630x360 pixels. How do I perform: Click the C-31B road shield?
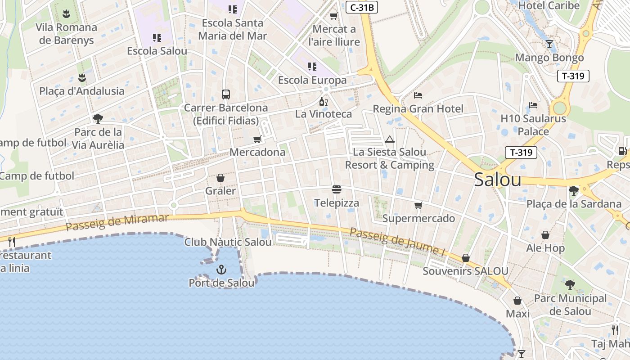coord(361,7)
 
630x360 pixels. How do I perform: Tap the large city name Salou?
coord(498,180)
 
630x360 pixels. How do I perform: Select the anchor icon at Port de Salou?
coord(221,270)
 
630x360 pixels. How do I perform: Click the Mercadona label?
coord(257,152)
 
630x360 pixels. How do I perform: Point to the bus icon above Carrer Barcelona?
coord(226,94)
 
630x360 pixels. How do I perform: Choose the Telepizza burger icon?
coord(337,189)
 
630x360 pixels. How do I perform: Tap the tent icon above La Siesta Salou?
coord(390,139)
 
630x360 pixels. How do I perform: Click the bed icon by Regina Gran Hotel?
coord(418,95)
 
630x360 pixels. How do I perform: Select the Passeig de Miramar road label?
coord(117,222)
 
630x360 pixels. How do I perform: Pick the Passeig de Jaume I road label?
coord(397,241)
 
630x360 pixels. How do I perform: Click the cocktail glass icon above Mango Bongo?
coord(549,44)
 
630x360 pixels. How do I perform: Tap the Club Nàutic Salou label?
coord(228,242)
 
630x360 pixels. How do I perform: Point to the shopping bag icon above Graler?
coord(220,178)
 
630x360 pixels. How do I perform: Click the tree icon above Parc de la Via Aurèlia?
coord(98,119)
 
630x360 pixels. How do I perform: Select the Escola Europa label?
coord(312,80)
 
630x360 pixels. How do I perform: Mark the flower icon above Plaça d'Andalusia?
coord(81,78)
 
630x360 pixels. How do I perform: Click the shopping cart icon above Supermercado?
coord(418,206)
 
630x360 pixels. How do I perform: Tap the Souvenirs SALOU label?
coord(465,271)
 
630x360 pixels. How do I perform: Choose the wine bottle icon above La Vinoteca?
coord(323,101)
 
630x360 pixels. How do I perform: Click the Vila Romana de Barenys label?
coord(67,34)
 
